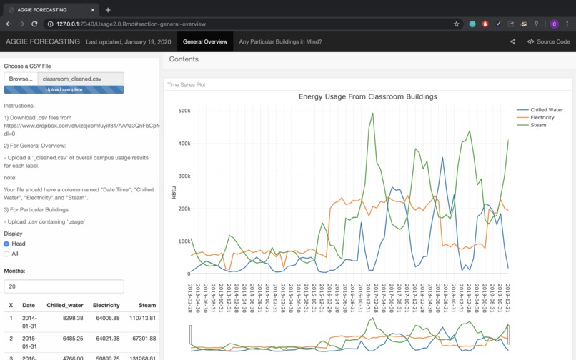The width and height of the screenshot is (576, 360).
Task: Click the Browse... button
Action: click(21, 79)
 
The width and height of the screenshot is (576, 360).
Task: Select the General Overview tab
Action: click(205, 41)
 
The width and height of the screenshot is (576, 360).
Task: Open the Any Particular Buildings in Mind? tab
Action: click(280, 41)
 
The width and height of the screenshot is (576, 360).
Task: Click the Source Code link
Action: click(548, 41)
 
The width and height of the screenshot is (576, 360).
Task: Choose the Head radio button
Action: click(7, 244)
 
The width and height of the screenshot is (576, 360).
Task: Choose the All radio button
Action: click(7, 254)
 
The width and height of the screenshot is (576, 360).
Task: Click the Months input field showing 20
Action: click(64, 286)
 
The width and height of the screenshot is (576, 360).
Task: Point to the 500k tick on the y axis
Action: click(184, 111)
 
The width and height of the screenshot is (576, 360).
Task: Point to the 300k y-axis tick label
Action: click(184, 176)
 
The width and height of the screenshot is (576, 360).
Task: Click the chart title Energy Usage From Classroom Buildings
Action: click(367, 96)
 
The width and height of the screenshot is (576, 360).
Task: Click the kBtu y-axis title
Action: click(173, 192)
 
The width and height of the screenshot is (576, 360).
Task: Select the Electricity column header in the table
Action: click(106, 305)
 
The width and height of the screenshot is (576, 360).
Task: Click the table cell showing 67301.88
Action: click(143, 338)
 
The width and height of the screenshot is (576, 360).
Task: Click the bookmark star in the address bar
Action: click(457, 24)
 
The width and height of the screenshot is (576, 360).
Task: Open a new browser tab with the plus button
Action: click(108, 10)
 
